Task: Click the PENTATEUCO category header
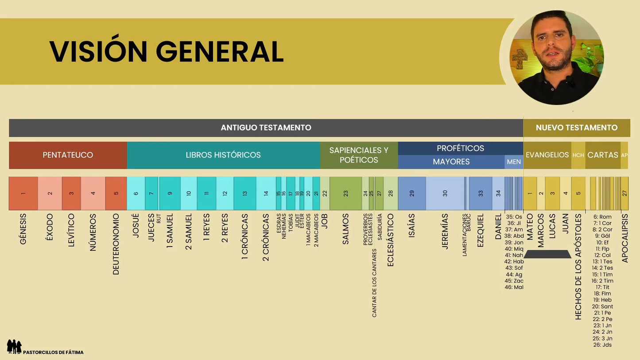(x=68, y=155)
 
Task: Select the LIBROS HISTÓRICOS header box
(x=223, y=155)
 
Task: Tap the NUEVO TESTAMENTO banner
(x=576, y=128)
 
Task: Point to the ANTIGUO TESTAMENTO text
(x=266, y=128)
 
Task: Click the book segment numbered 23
(x=345, y=194)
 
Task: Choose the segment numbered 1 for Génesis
(x=23, y=194)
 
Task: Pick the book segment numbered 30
(x=445, y=194)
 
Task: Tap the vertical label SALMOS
(x=346, y=229)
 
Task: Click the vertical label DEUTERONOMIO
(x=116, y=244)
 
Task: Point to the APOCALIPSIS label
(x=625, y=238)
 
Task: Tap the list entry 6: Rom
(x=602, y=217)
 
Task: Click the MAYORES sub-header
(x=451, y=162)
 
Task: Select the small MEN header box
(x=514, y=162)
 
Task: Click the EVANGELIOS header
(x=547, y=155)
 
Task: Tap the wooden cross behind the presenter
(x=520, y=58)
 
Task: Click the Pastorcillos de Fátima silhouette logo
(x=14, y=346)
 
